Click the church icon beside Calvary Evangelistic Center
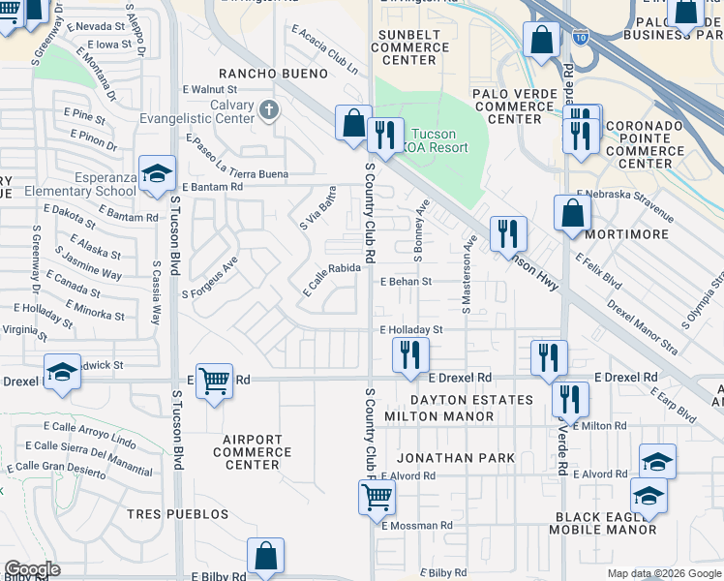click(269, 110)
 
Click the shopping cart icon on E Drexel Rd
click(214, 381)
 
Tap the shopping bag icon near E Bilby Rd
click(265, 557)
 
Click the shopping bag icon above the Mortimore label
click(573, 214)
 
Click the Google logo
click(32, 569)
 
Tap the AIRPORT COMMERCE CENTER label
click(252, 452)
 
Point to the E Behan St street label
click(405, 282)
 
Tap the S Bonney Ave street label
click(420, 230)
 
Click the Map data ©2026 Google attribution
click(663, 573)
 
